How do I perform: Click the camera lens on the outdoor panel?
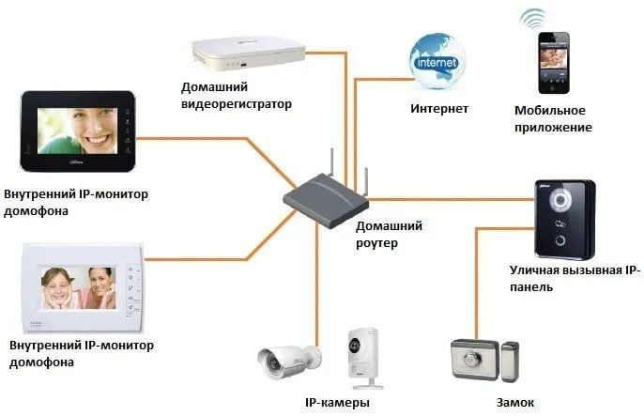561,200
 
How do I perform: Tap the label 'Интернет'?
439,109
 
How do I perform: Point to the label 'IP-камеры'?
337,403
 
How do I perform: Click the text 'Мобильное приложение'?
553,118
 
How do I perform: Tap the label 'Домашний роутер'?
389,234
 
